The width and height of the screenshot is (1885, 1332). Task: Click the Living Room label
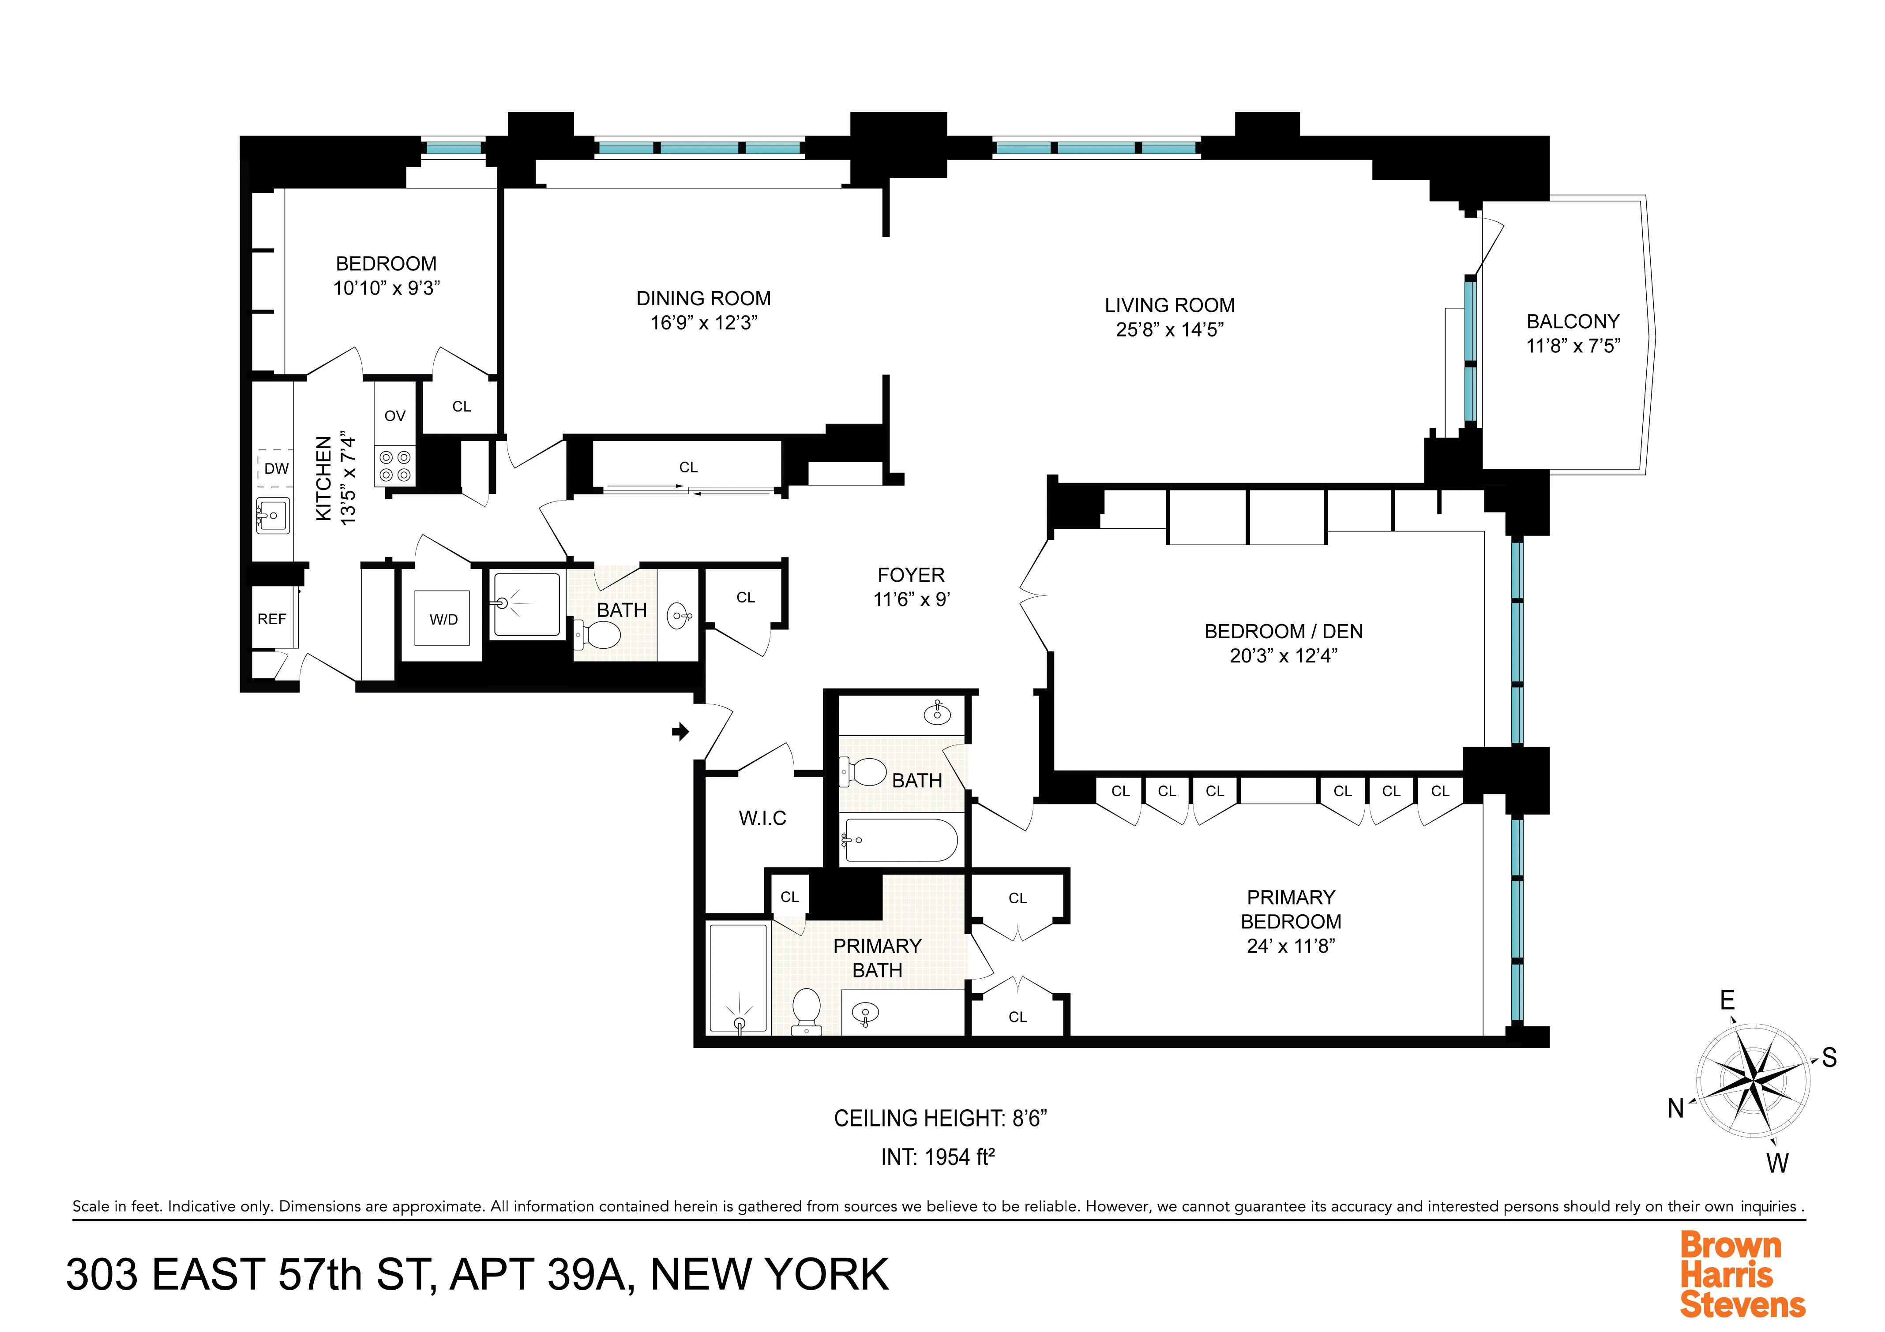click(x=1169, y=305)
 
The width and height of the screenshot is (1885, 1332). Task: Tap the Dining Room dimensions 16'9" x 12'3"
click(x=704, y=323)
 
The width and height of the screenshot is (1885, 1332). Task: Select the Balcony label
click(x=1572, y=322)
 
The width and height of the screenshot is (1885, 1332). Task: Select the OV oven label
click(x=395, y=416)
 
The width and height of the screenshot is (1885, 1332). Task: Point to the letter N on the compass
click(x=1676, y=1109)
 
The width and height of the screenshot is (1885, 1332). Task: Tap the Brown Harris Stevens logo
click(x=1742, y=1275)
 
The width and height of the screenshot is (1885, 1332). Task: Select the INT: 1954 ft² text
click(x=938, y=1157)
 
